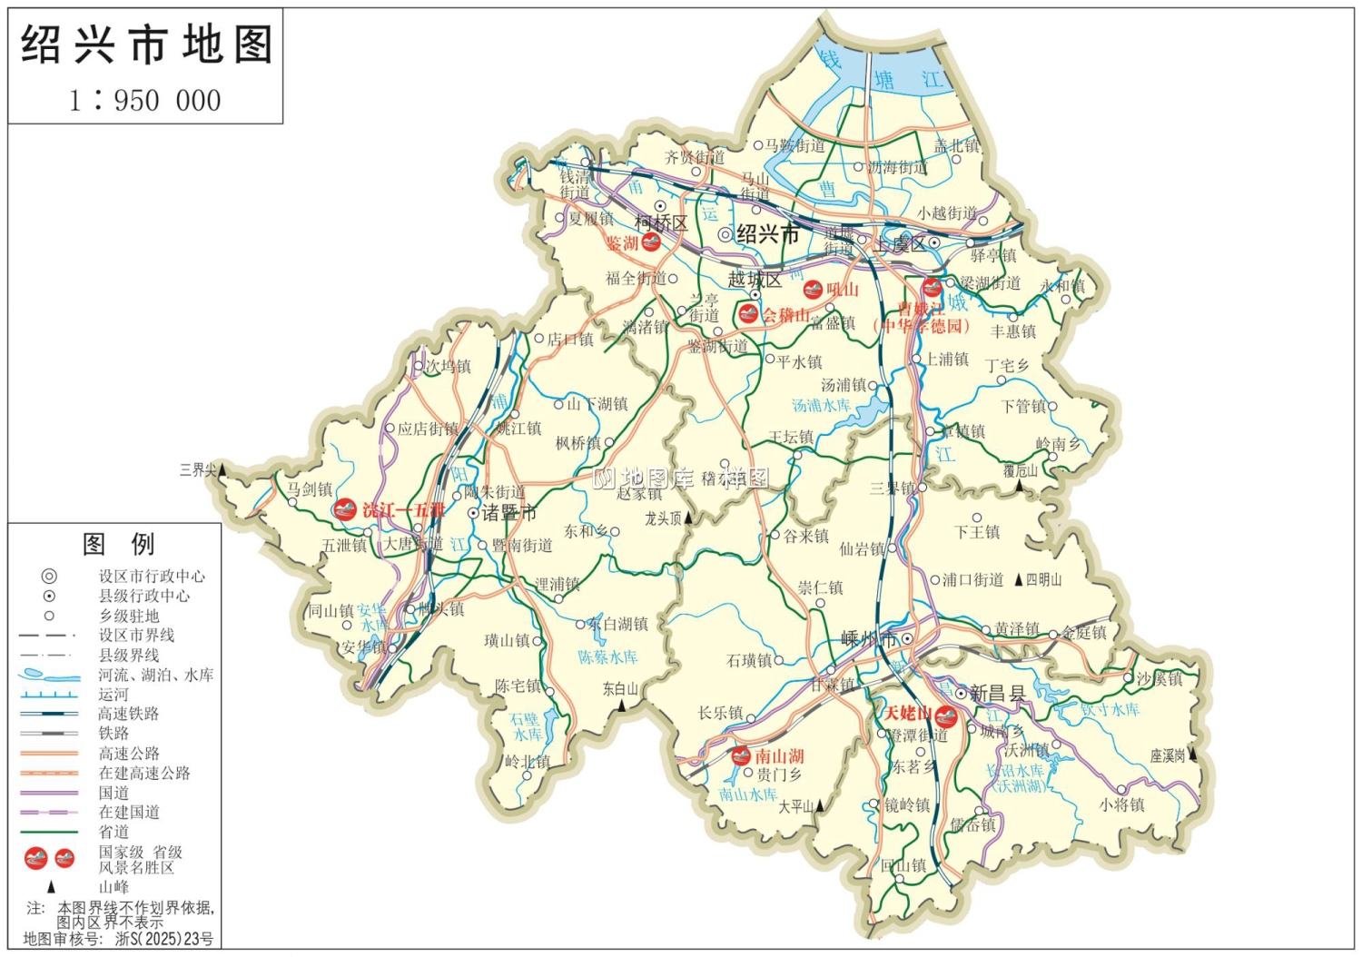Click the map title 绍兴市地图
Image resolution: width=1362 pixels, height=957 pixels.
pyautogui.click(x=145, y=44)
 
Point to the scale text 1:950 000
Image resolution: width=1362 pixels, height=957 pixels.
pyautogui.click(x=145, y=100)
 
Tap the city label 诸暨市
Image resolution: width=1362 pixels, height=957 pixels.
pyautogui.click(x=508, y=513)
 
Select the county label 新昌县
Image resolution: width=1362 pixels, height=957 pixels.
pyautogui.click(x=997, y=694)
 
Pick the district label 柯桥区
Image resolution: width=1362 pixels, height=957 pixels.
pyautogui.click(x=661, y=222)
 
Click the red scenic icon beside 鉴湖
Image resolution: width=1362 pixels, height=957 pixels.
pyautogui.click(x=651, y=242)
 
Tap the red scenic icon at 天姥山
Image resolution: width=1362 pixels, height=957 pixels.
pyautogui.click(x=945, y=715)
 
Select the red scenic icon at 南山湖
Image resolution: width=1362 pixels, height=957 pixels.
pyautogui.click(x=741, y=755)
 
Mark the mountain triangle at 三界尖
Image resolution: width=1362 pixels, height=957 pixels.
pyautogui.click(x=222, y=469)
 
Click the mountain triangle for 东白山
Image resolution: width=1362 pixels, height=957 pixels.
pyautogui.click(x=623, y=705)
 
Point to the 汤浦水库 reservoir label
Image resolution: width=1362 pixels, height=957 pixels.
pyautogui.click(x=821, y=406)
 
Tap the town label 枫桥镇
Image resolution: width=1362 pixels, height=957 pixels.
pyautogui.click(x=578, y=443)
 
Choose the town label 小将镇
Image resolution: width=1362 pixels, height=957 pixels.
pyautogui.click(x=1122, y=804)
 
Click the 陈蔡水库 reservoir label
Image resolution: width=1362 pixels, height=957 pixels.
pyautogui.click(x=607, y=656)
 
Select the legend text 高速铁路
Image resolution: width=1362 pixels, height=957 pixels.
pyautogui.click(x=129, y=714)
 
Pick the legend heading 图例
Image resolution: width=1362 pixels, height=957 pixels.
pyautogui.click(x=118, y=544)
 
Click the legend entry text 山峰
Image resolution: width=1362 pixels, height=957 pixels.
pyautogui.click(x=113, y=887)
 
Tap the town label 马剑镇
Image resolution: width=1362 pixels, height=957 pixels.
pyautogui.click(x=311, y=490)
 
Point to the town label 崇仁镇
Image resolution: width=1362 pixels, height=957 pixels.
pyautogui.click(x=821, y=587)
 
